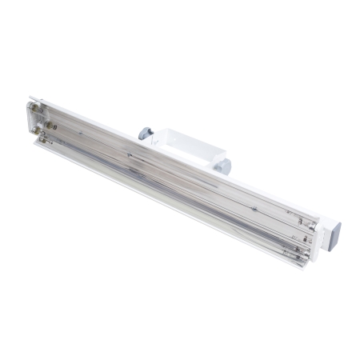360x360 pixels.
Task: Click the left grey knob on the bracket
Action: (x=145, y=134)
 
